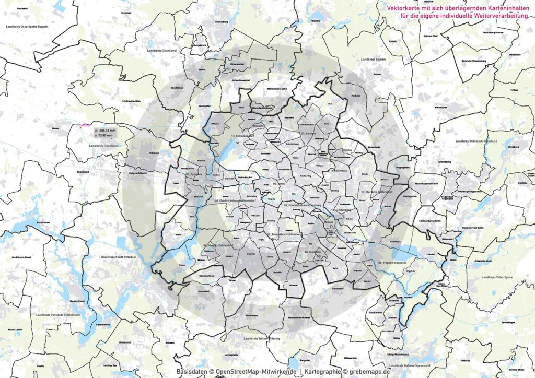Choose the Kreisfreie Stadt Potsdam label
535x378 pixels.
point(119,257)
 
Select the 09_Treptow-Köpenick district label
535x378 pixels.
point(385,262)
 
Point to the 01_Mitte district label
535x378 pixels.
point(281,184)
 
